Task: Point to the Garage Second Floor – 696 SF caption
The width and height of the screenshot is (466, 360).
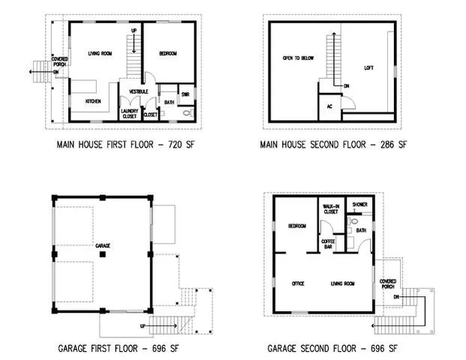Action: [x=332, y=349]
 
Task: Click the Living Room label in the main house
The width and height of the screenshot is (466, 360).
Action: [x=100, y=53]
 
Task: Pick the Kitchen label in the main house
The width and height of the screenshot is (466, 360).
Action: [x=94, y=100]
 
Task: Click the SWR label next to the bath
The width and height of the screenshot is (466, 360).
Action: [x=185, y=94]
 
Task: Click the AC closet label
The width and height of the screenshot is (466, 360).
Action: [x=329, y=106]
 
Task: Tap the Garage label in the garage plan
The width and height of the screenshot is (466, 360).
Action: [x=103, y=245]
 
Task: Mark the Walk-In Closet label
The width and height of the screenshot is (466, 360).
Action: [x=331, y=208]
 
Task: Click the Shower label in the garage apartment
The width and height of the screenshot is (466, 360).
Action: [x=359, y=203]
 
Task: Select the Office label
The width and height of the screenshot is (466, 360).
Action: [x=297, y=283]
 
